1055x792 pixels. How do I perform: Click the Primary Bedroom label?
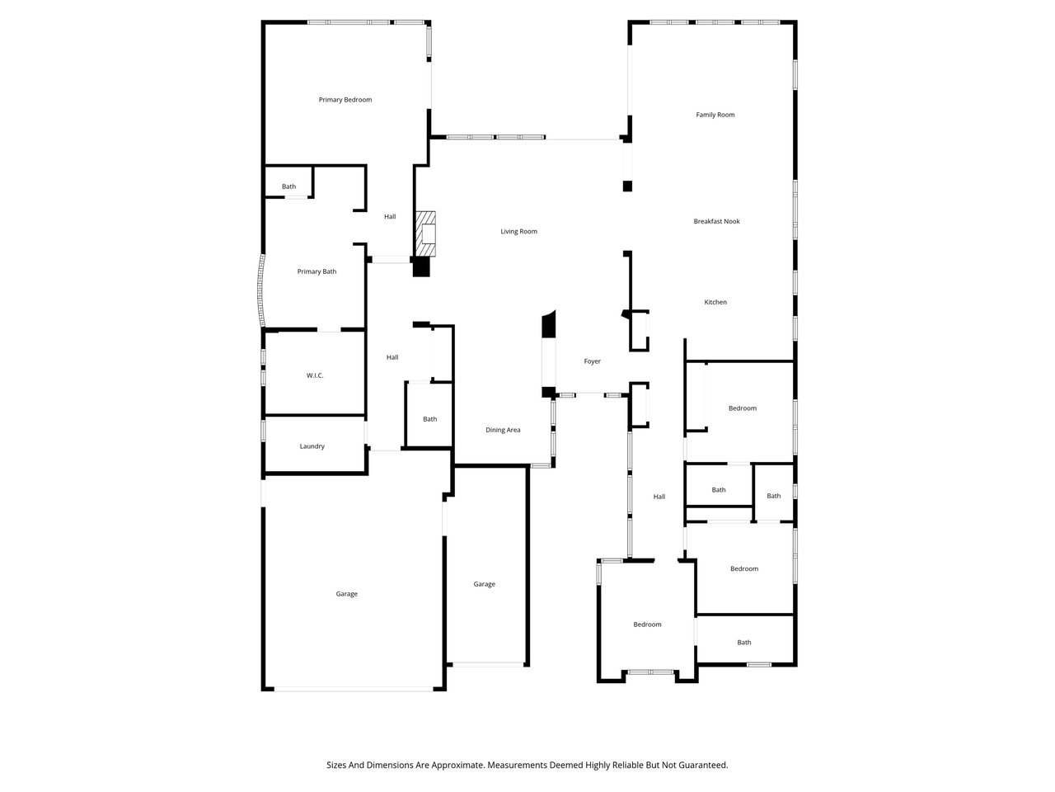[345, 100]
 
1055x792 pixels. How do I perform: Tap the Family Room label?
[715, 115]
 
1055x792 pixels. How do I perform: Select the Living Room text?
[518, 231]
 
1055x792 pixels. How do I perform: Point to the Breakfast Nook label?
[716, 221]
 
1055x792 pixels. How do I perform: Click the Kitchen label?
[715, 302]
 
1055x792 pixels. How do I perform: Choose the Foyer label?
[593, 361]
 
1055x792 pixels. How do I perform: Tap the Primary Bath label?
[317, 271]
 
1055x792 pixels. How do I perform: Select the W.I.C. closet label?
[315, 375]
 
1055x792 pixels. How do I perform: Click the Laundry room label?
[312, 446]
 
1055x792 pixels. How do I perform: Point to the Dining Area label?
[503, 430]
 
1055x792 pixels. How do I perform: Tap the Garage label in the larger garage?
[347, 594]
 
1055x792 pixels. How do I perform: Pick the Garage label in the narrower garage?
[485, 584]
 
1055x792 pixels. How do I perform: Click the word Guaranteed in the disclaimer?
[704, 766]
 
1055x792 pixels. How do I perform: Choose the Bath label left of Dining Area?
[430, 419]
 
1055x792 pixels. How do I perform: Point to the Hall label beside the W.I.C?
[392, 357]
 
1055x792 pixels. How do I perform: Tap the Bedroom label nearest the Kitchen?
[743, 408]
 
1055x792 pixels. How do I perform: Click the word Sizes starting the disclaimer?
[336, 766]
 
